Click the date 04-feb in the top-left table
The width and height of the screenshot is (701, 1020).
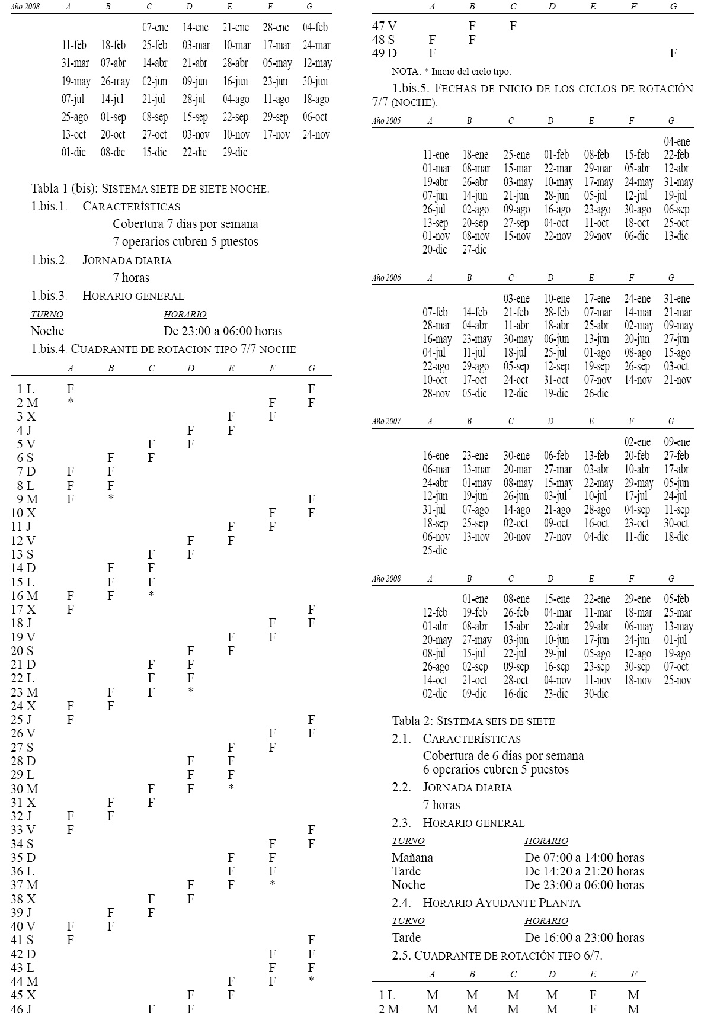click(x=315, y=27)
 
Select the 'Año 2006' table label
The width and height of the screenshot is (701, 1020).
click(x=386, y=277)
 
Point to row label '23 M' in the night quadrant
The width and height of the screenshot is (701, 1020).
click(x=24, y=692)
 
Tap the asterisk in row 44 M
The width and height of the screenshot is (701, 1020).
click(x=312, y=981)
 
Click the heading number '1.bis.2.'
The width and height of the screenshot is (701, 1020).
click(x=49, y=260)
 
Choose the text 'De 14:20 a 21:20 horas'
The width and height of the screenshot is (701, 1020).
click(x=584, y=871)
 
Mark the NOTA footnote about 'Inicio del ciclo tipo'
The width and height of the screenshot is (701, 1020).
click(x=451, y=72)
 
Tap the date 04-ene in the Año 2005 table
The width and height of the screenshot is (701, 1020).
click(x=677, y=142)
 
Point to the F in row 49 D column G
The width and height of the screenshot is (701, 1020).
click(x=673, y=53)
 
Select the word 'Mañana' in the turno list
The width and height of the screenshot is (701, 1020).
click(x=412, y=857)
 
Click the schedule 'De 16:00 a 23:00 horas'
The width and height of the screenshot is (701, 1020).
click(x=584, y=937)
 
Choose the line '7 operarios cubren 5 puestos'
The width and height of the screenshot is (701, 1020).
click(x=185, y=242)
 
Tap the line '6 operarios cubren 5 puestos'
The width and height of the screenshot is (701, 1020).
click(x=495, y=769)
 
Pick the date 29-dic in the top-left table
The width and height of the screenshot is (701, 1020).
click(x=235, y=152)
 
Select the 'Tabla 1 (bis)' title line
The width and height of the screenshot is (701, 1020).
click(x=150, y=189)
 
